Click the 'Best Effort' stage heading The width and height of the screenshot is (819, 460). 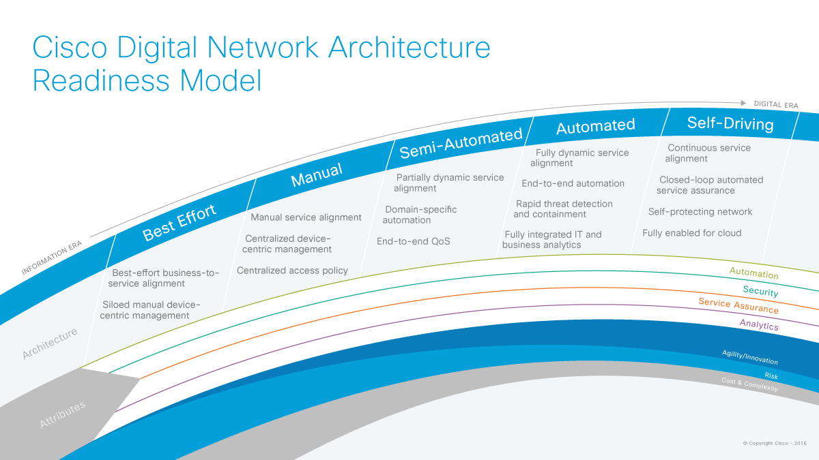[x=179, y=222]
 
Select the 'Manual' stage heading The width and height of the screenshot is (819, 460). [x=317, y=174]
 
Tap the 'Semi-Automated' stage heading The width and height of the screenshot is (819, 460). [x=461, y=142]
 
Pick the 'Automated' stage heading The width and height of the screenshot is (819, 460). [x=595, y=126]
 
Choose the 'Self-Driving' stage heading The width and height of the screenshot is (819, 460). [x=730, y=123]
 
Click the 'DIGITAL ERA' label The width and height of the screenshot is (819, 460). [x=775, y=105]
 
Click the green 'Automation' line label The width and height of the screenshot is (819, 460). [x=753, y=274]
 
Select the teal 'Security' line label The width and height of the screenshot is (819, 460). [x=760, y=292]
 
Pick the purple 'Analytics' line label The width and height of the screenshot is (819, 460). [x=759, y=325]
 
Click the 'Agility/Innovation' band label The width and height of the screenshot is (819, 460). [x=749, y=358]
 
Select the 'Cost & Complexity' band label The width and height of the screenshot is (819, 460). [x=749, y=384]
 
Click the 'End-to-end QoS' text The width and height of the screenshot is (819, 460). [x=413, y=241]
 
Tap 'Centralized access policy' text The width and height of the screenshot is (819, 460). [x=292, y=271]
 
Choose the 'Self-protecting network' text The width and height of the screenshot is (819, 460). [x=700, y=212]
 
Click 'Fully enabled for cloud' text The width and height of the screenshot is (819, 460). [x=691, y=233]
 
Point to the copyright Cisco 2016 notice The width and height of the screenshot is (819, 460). [x=775, y=444]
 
